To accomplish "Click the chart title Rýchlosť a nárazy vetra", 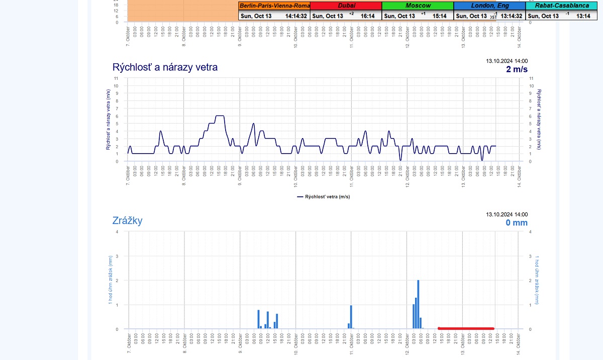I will [165, 67].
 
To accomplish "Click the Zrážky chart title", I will [128, 220].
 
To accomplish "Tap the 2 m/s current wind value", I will [517, 69].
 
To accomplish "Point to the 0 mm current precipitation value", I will [517, 222].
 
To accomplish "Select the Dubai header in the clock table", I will [346, 6].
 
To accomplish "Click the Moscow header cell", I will [418, 6].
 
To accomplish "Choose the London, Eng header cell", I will [489, 6].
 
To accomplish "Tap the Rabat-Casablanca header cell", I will [562, 6].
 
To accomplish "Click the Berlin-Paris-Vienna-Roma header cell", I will [274, 6].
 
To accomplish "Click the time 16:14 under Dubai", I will [368, 16].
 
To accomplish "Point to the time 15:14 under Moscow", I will [440, 16].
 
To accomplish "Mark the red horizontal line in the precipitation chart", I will [466, 328].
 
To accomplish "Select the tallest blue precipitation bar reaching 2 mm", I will [418, 304].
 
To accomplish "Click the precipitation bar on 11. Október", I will [351, 317].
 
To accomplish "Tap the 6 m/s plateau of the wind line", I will [219, 116].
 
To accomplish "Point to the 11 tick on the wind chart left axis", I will [116, 78].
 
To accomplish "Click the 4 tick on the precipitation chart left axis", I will [117, 231].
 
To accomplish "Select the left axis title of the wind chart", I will [108, 120].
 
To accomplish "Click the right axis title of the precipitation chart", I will [537, 280].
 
